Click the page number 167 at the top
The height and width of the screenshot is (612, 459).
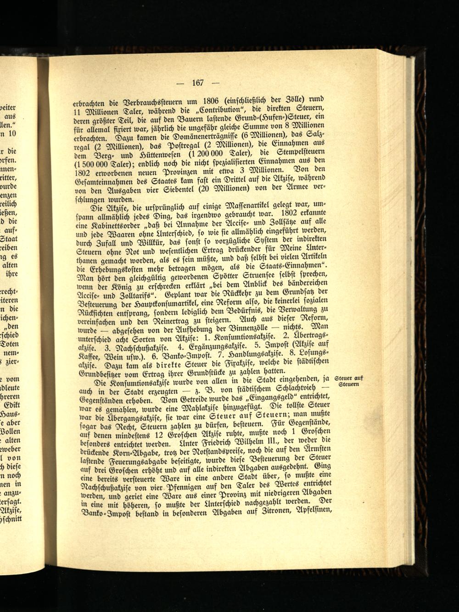click(x=198, y=83)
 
